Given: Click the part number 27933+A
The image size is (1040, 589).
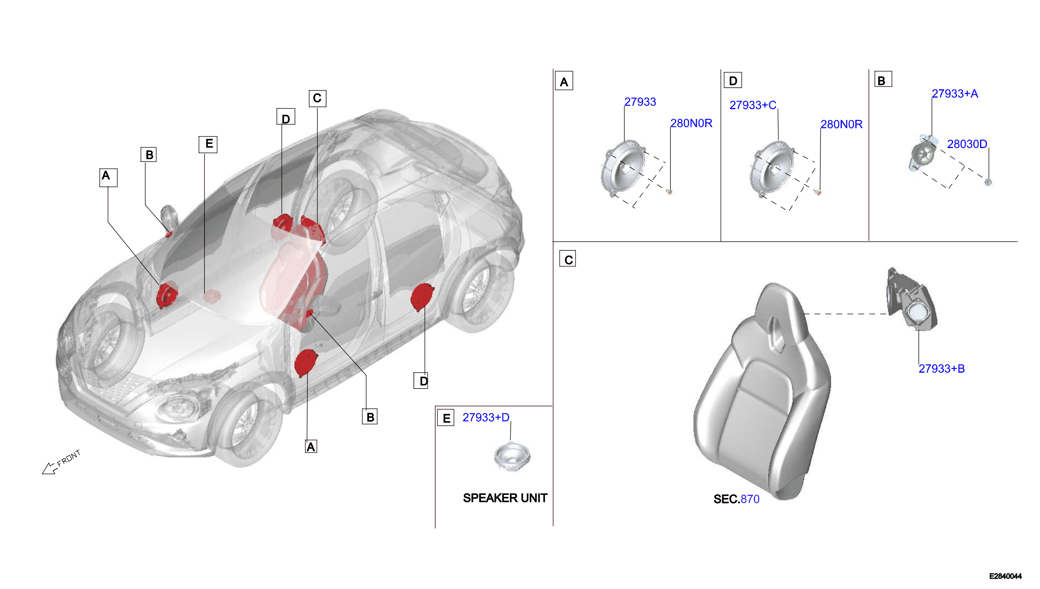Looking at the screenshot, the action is pyautogui.click(x=955, y=94).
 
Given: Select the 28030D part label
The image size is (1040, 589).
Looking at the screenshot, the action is pyautogui.click(x=967, y=144).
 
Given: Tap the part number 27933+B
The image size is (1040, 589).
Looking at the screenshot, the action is pyautogui.click(x=941, y=369).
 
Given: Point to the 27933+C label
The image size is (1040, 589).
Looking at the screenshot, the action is pyautogui.click(x=753, y=105).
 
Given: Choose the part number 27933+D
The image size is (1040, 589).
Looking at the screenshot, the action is pyautogui.click(x=486, y=417).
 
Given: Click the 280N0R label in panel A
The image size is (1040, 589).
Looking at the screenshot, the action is pyautogui.click(x=691, y=123).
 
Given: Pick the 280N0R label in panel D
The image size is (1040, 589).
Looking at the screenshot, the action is pyautogui.click(x=841, y=124).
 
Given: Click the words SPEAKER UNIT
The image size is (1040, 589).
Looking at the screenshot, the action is pyautogui.click(x=505, y=498).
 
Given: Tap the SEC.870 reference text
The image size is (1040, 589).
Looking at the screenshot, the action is pyautogui.click(x=736, y=499).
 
